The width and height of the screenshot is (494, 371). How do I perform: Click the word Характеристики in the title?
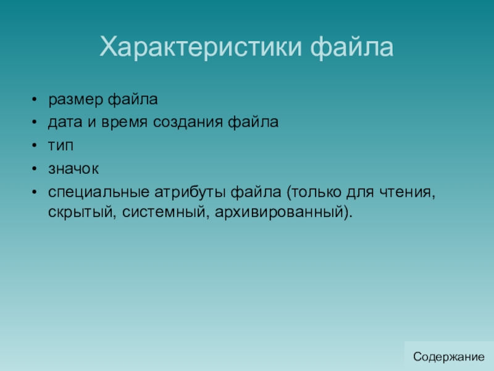(201, 48)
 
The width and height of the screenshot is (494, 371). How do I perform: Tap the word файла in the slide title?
(351, 48)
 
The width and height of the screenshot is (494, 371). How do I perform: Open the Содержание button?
(449, 357)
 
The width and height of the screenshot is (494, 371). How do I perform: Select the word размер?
(75, 100)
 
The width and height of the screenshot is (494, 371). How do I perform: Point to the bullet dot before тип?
(35, 145)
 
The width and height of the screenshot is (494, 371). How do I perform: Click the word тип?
(61, 146)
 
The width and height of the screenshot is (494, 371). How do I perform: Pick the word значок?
(73, 169)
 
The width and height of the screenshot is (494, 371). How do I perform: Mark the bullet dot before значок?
(35, 168)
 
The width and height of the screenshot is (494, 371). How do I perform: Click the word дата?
(65, 122)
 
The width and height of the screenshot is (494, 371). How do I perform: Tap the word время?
(125, 122)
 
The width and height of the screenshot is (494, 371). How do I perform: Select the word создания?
(188, 122)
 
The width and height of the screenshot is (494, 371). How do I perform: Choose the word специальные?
(99, 192)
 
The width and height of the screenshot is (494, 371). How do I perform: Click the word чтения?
(407, 192)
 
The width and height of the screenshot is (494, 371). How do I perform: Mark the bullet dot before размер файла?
(35, 100)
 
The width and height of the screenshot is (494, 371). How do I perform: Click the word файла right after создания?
(253, 122)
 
